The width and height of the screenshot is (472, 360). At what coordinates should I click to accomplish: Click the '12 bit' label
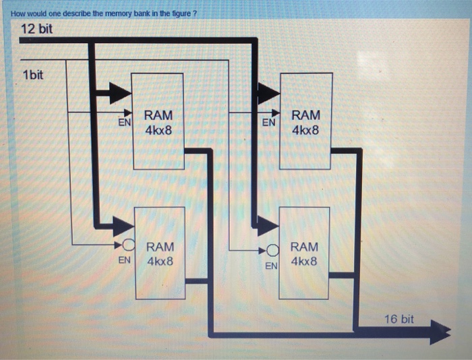pos(36,30)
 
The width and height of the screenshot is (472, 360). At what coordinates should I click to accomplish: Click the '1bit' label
pos(33,75)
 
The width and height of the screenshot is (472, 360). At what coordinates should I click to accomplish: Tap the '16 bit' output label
pos(399,318)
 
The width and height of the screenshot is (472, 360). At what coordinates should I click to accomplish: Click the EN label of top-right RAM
pos(268,123)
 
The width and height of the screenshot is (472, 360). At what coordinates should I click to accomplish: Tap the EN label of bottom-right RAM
pos(270,266)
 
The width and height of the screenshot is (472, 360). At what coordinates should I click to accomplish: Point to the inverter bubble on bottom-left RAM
pos(129,244)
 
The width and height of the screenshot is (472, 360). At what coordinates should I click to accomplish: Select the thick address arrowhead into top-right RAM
pos(268,94)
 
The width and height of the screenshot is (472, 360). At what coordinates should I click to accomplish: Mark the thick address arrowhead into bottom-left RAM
pos(124,227)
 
